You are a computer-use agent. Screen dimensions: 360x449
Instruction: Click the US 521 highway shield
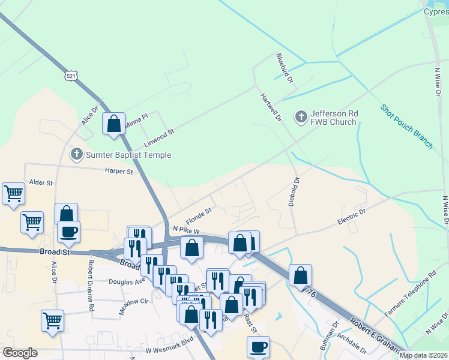coord(71,76)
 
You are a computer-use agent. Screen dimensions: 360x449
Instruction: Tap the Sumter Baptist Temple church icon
coord(76,155)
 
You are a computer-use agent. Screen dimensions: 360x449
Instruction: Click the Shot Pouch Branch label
coord(406,127)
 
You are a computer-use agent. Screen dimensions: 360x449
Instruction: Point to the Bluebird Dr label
coord(284,68)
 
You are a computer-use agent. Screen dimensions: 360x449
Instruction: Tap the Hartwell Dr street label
coord(271,108)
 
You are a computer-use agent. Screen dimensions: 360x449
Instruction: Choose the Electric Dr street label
coord(351,217)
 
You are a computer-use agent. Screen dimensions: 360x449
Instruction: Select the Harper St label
coord(119,172)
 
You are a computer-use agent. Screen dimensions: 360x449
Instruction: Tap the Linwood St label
coord(159,138)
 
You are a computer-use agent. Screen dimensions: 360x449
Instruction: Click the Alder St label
coord(41,182)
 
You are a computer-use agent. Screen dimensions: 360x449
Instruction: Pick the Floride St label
coord(199,214)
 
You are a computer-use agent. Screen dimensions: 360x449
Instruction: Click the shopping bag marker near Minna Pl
coord(113,124)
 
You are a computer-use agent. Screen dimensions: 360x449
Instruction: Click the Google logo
coord(20,353)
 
